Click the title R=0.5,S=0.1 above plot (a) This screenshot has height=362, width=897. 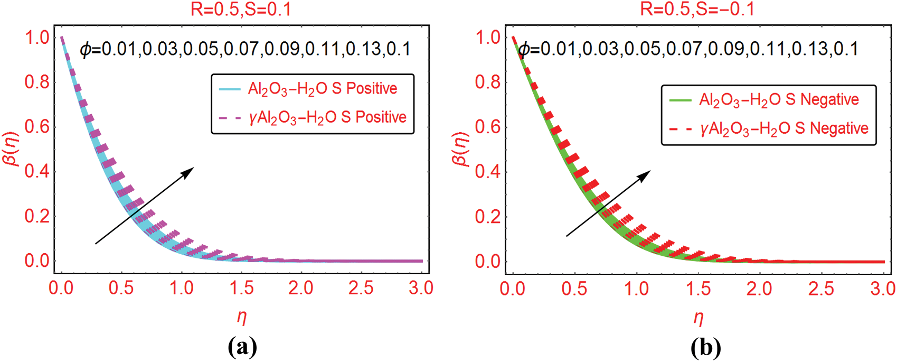pos(241,10)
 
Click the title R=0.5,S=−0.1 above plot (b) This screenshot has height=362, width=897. pos(697,10)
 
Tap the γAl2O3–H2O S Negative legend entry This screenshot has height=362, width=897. pos(769,128)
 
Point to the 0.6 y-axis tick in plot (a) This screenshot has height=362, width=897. pos(37,126)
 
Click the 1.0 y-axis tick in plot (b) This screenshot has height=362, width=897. pos(488,38)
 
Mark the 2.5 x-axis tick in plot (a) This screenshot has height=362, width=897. pos(361,288)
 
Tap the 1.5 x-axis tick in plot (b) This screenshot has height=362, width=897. pos(698,289)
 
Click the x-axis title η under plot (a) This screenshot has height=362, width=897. pos(242,317)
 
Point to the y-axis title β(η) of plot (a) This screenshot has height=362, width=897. pos(13,149)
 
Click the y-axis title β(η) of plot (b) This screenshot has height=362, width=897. pos(462,150)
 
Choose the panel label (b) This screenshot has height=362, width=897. pos(706,347)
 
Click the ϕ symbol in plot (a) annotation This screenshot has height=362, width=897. pos(86,50)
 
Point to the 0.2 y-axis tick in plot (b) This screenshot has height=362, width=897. pos(488,216)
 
